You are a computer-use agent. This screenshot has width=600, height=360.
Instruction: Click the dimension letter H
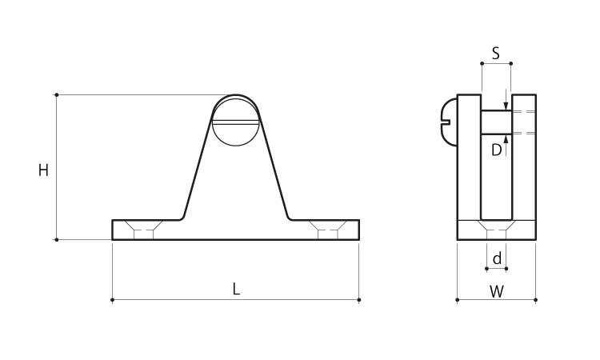pyautogui.click(x=44, y=170)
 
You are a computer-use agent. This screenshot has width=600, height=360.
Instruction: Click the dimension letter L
pyautogui.click(x=237, y=290)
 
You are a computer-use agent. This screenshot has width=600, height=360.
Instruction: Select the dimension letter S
pyautogui.click(x=495, y=53)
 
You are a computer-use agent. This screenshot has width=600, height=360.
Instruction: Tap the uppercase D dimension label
pyautogui.click(x=496, y=150)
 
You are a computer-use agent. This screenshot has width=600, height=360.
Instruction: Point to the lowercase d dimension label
pyautogui.click(x=497, y=258)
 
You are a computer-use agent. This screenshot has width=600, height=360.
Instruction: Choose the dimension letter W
pyautogui.click(x=497, y=292)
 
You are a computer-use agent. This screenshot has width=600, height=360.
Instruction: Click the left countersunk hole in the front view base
pyautogui.click(x=143, y=230)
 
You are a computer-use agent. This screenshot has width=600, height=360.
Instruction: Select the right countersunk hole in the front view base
pyautogui.click(x=328, y=230)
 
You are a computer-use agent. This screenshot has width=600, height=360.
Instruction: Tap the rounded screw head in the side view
pyautogui.click(x=450, y=122)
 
